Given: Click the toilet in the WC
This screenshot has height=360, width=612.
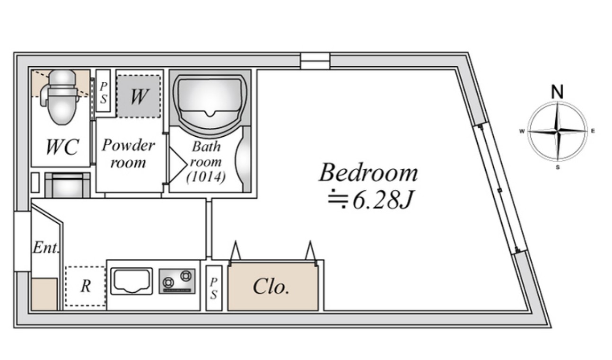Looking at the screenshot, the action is click(x=61, y=97).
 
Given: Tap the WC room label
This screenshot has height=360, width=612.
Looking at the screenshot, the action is click(x=62, y=148).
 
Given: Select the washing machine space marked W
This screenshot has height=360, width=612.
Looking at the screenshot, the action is click(x=139, y=97).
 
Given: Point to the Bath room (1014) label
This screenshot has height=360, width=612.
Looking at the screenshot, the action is click(x=206, y=162).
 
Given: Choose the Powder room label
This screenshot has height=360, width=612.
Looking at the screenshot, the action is click(x=129, y=153).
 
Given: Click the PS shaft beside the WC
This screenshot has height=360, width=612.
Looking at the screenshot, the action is click(x=103, y=91).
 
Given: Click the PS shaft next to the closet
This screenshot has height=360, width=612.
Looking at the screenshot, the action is click(x=214, y=288).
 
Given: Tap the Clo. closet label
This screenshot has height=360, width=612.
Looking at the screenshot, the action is click(x=271, y=287).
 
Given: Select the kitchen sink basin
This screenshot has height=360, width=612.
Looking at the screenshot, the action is click(x=131, y=281).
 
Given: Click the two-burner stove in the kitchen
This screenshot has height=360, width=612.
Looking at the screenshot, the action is click(x=177, y=281).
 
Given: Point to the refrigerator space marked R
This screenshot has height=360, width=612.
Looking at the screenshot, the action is click(x=86, y=286).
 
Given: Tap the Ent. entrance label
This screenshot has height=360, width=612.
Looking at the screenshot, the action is click(x=46, y=248).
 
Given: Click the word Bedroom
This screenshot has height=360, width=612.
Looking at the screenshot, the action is click(x=368, y=173).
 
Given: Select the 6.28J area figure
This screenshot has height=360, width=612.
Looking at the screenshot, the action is click(x=383, y=200).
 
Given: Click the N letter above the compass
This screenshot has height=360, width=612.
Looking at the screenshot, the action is click(x=557, y=92).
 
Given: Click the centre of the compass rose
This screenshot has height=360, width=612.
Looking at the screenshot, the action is click(x=558, y=132).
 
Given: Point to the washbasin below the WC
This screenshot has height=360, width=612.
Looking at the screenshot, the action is click(x=68, y=185).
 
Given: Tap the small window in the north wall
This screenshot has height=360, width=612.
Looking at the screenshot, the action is click(x=315, y=61).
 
